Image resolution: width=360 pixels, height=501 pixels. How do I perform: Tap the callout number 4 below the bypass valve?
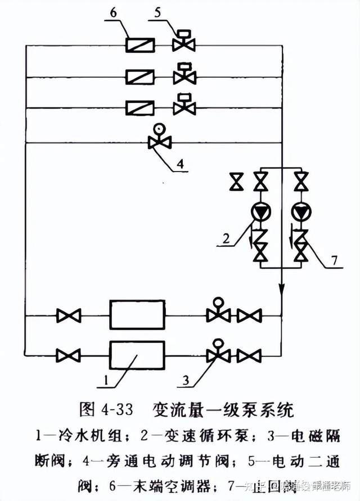tap(180, 164)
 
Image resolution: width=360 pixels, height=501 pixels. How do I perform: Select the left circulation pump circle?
tap(260, 213)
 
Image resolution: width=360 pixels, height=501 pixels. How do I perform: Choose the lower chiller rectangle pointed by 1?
tap(137, 355)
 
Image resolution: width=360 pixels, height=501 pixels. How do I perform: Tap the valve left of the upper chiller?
tap(69, 315)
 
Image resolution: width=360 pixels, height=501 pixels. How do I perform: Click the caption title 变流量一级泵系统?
tap(223, 409)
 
